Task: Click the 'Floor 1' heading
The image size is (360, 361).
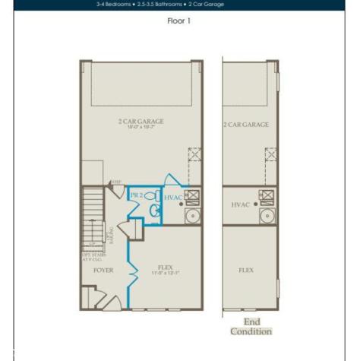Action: tap(178, 21)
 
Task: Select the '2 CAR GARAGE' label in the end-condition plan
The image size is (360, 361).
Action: tap(246, 124)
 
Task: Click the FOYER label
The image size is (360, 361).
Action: tap(103, 270)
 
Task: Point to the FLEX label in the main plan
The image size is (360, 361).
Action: tap(164, 267)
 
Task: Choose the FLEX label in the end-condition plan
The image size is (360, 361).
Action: tap(246, 270)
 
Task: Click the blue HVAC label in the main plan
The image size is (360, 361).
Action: tap(172, 197)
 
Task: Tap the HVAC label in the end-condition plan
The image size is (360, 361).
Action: tap(241, 205)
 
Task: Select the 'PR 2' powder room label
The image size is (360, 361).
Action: tap(137, 195)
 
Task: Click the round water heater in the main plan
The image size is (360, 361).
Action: tap(192, 217)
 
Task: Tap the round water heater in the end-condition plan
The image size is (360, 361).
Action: tap(267, 217)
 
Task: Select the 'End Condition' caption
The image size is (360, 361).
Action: tap(251, 326)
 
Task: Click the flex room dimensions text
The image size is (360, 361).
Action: tap(164, 273)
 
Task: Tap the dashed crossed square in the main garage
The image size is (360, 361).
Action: tap(194, 154)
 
